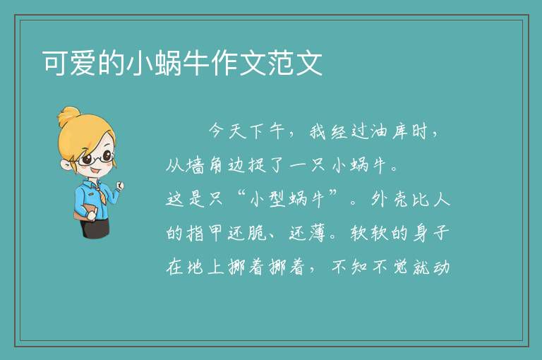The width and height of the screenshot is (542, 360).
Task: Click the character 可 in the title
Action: (55, 63)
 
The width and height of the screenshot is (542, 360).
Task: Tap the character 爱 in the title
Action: (83, 63)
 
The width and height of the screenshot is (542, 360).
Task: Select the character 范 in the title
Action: (281, 63)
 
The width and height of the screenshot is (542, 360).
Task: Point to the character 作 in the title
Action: (224, 63)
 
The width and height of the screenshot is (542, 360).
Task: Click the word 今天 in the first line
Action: (227, 131)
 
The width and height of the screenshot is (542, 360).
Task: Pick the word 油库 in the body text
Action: (389, 131)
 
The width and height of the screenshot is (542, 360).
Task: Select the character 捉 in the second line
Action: (257, 165)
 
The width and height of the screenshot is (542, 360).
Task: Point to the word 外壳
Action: (390, 199)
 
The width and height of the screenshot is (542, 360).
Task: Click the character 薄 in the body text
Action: (317, 233)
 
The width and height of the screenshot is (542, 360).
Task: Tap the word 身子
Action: (430, 233)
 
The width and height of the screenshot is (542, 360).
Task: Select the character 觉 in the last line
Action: (400, 267)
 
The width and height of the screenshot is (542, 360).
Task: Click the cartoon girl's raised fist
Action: (119, 186)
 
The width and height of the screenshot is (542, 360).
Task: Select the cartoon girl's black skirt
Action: (95, 228)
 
